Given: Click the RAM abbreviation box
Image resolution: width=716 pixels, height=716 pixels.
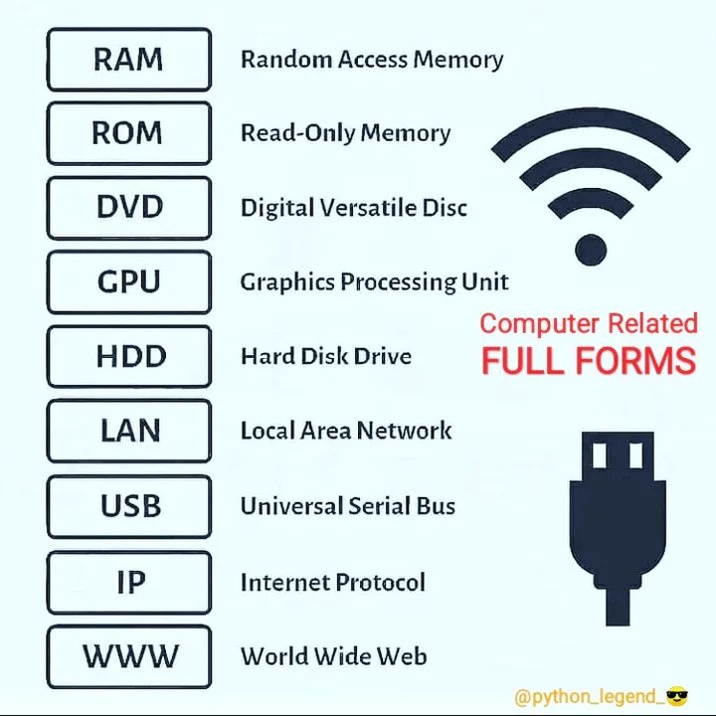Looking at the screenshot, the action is (x=128, y=60).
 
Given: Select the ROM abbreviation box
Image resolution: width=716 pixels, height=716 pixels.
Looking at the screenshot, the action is (x=128, y=133).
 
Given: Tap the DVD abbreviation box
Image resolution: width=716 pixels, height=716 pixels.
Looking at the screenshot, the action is (x=128, y=208).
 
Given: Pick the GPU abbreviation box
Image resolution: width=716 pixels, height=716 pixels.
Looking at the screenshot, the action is (x=128, y=282).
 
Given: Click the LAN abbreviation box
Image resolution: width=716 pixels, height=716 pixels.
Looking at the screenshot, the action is (x=128, y=431).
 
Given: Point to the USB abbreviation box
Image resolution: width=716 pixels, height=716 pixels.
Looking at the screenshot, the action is (x=128, y=506).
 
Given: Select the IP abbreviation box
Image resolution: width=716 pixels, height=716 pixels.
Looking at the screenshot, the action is (x=128, y=582).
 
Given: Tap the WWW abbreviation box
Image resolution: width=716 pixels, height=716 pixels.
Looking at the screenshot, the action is (x=128, y=656).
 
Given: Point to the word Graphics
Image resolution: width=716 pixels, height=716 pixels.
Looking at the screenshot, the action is (x=286, y=282).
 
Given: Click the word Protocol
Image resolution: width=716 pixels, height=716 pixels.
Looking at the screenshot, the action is (x=380, y=582).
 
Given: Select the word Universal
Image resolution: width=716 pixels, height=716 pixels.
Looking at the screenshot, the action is (x=291, y=506).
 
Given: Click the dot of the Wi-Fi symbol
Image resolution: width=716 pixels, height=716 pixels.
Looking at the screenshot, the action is (x=590, y=249).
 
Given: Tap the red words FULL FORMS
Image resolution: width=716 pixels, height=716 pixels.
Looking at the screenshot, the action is (x=588, y=360).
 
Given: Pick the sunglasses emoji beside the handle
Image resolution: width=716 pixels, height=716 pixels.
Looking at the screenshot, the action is (x=676, y=696).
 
